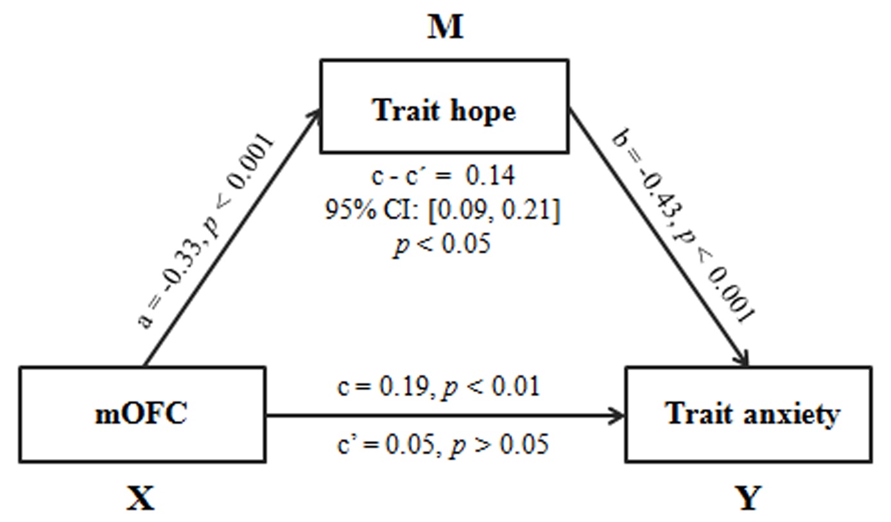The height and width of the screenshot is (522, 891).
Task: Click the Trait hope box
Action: (444, 107)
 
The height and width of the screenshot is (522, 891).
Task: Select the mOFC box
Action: (142, 414)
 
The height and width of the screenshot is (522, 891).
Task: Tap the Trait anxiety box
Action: (748, 414)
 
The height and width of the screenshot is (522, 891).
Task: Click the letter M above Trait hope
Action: (445, 28)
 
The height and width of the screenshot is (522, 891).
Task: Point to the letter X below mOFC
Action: (141, 498)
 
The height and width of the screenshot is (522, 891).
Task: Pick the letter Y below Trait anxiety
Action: (748, 498)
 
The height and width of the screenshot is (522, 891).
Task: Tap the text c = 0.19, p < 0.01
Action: (438, 387)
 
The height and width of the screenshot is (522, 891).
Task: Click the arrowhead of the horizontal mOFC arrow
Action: (618, 415)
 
